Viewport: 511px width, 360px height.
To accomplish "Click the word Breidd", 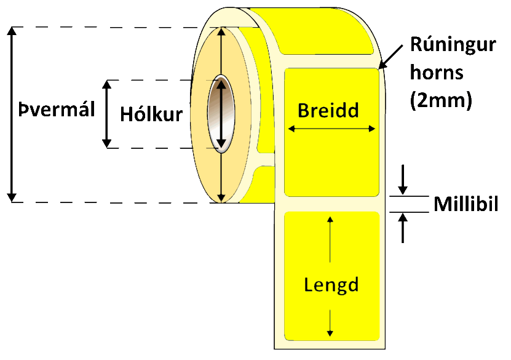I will point(328,110).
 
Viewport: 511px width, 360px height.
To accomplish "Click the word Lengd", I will point(331,285).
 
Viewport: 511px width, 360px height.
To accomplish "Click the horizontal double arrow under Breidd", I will point(331,129).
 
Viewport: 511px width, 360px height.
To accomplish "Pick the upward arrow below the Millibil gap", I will point(403,228).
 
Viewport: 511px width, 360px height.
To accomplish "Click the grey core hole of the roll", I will point(220,114).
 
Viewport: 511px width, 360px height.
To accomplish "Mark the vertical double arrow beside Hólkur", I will point(108,114).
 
